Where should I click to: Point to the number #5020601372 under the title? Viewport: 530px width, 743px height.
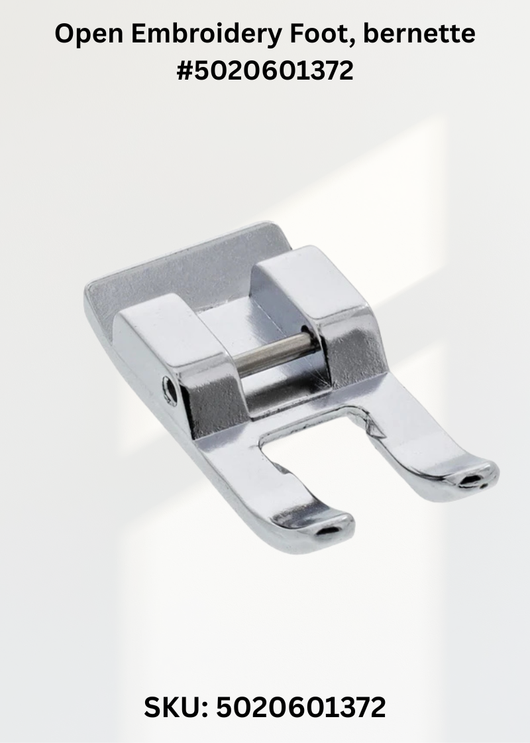point(265,71)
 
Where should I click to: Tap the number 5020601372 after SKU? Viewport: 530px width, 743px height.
point(301,708)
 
